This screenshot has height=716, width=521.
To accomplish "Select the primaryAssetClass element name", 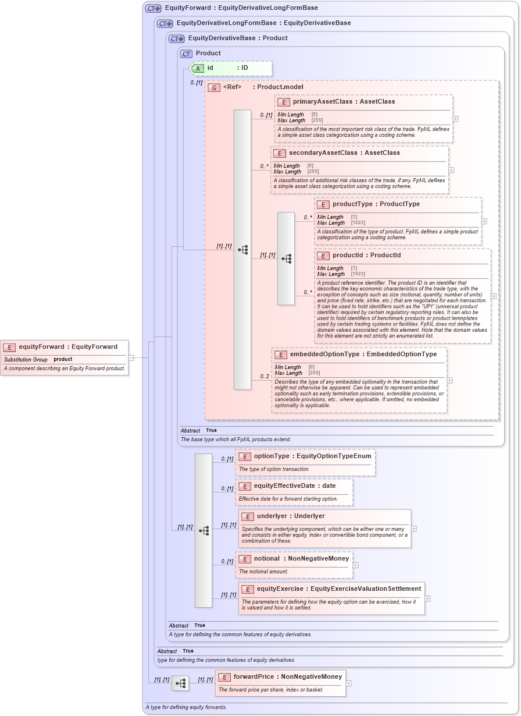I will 322,101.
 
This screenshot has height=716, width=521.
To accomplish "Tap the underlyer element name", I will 273,516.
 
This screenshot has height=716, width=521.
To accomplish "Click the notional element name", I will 266,558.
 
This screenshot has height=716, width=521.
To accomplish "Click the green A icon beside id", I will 198,68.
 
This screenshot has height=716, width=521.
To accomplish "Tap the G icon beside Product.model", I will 213,87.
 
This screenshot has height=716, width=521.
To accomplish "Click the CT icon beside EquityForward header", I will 153,8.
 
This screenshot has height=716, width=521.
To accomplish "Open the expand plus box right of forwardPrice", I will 349,683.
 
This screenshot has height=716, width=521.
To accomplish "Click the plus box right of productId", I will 494,296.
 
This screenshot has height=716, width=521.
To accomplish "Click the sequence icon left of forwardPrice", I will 180,683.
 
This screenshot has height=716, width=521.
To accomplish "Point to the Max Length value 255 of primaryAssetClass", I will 317,120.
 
